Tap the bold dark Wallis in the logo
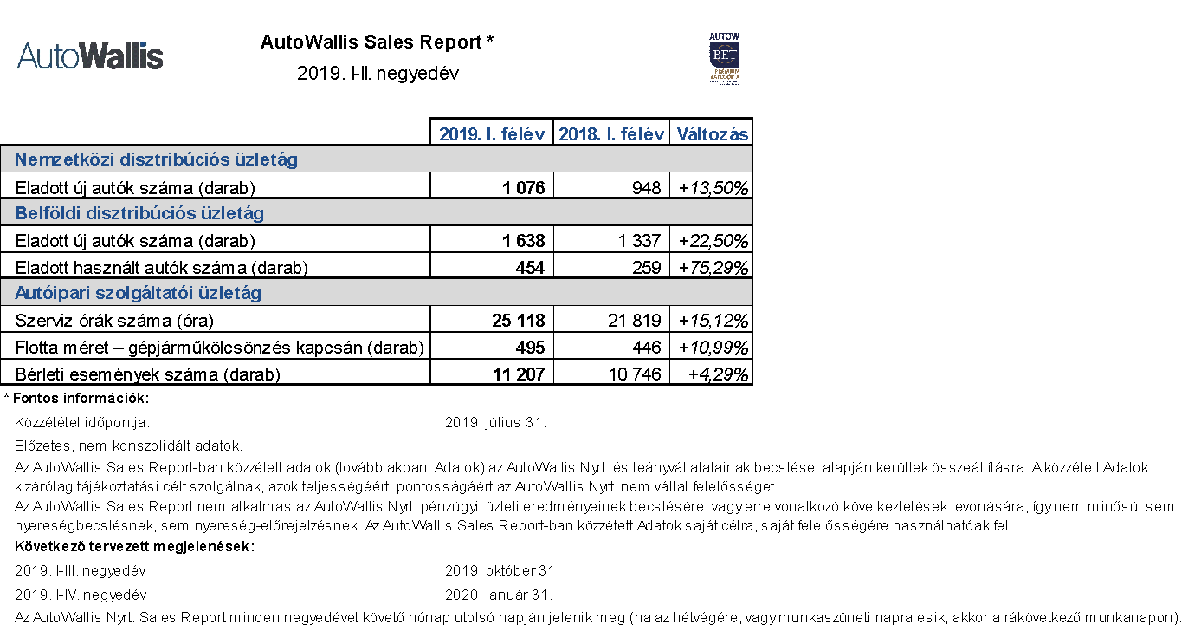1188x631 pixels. click(x=124, y=55)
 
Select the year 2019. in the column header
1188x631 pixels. click(x=461, y=134)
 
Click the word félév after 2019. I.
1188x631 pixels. click(x=523, y=134)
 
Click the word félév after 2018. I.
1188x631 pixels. click(x=642, y=134)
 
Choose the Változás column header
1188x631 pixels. click(x=713, y=134)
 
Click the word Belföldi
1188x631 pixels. click(x=48, y=213)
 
